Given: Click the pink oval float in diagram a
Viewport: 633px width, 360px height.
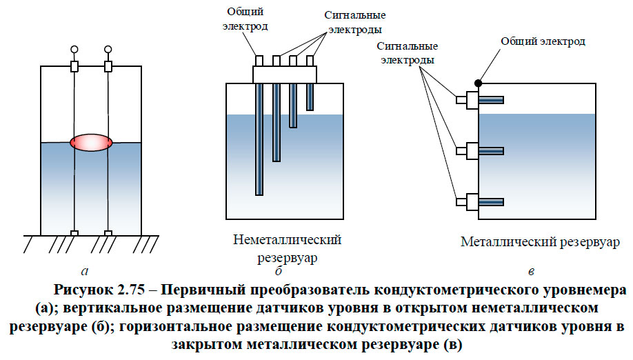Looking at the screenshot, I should click(91, 142).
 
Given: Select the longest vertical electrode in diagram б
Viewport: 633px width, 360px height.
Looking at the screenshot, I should click(259, 138).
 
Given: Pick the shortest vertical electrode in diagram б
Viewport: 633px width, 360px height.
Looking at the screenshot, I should click(310, 96).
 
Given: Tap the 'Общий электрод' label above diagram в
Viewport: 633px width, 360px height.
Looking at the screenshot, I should click(543, 42).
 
